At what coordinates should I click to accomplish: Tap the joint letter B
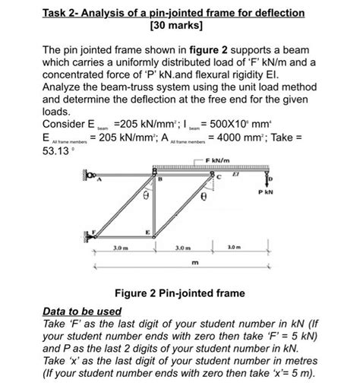160,179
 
